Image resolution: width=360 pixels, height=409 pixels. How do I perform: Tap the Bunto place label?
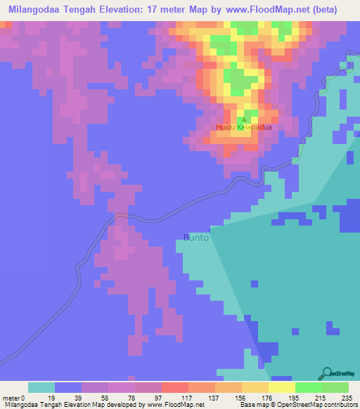tap(196, 238)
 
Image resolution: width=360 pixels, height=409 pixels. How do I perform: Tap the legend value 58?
tap(108, 397)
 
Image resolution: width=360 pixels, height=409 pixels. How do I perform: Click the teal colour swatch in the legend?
tap(41, 387)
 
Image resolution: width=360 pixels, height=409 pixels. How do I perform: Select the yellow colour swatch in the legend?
tap(282, 387)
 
